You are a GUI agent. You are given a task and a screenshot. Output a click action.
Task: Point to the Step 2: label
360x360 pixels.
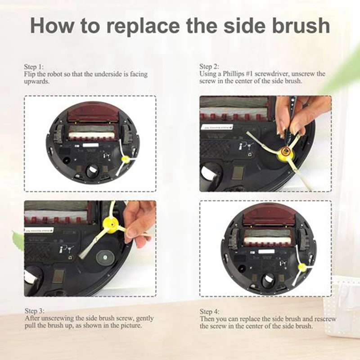209,66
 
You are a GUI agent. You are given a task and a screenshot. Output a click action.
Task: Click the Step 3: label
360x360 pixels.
34,311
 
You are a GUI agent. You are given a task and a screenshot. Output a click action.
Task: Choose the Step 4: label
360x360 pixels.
209,311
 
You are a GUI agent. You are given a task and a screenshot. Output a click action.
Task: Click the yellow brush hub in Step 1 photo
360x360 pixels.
125,158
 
